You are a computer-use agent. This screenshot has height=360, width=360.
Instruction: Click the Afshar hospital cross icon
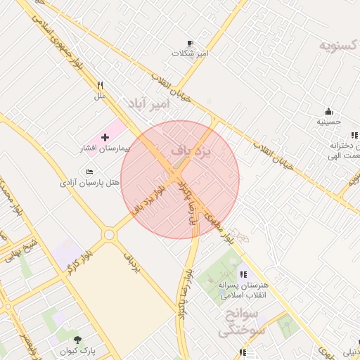[x=105, y=137]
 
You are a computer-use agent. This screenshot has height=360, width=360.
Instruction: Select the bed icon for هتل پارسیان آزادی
[x=89, y=172]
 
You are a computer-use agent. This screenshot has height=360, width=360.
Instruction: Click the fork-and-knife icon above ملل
[x=101, y=85]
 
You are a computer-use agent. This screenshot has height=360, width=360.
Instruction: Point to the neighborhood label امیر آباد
[x=148, y=104]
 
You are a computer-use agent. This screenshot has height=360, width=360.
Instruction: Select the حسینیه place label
[x=328, y=121]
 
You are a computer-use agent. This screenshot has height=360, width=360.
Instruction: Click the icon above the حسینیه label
[x=328, y=110]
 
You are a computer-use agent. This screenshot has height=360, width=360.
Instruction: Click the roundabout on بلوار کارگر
[x=109, y=234]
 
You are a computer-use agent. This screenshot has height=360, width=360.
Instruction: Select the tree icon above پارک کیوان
[x=77, y=340]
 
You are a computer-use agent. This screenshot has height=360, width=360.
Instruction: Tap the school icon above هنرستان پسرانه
[x=243, y=274]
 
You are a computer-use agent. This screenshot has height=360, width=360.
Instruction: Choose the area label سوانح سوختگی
[x=239, y=321]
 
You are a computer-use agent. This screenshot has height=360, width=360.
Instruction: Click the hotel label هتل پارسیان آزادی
[x=89, y=183]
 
